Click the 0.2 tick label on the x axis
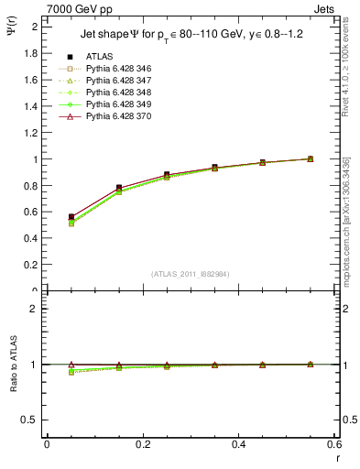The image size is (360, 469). [x=142, y=444]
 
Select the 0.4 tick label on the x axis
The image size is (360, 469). [x=238, y=444]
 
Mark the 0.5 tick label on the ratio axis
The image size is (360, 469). [x=32, y=420]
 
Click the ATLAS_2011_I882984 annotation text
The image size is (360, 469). [x=191, y=273]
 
